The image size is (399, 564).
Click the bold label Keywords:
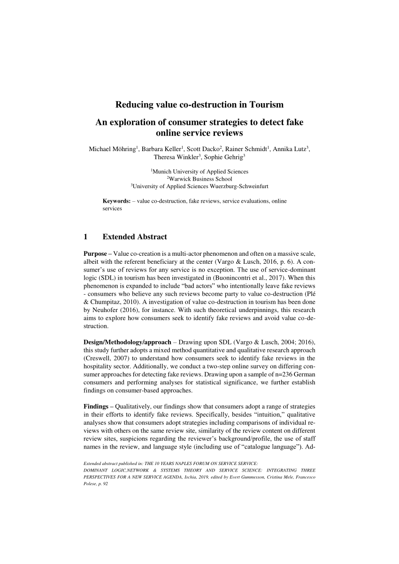pyautogui.click(x=116, y=201)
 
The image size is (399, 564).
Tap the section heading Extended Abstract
pyautogui.click(x=135, y=237)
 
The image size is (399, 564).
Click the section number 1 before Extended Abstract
pyautogui.click(x=85, y=237)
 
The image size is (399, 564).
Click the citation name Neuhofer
pyautogui.click(x=106, y=310)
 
